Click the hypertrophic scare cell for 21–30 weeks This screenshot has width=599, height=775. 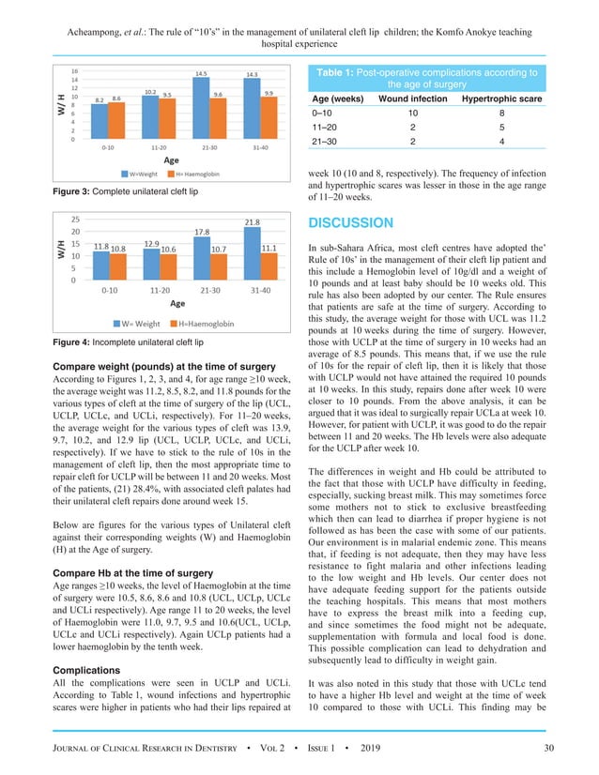499,143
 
